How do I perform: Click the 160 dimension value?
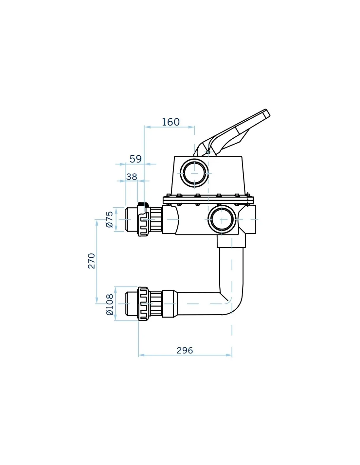click(171, 122)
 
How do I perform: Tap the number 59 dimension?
click(135, 159)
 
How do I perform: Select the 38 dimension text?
click(132, 177)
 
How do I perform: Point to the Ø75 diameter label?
click(109, 219)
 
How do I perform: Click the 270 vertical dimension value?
click(91, 261)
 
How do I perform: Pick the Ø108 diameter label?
click(110, 304)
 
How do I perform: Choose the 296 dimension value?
click(185, 350)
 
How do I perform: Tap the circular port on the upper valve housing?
click(194, 173)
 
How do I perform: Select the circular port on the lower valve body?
click(222, 219)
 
